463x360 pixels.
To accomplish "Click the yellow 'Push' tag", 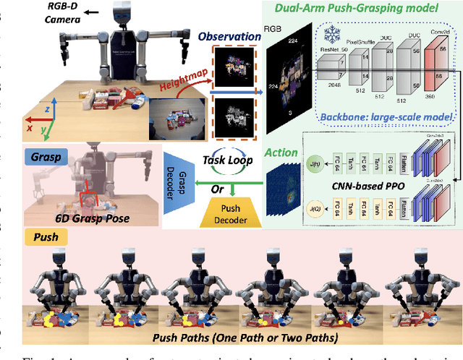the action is pyautogui.click(x=37, y=236).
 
